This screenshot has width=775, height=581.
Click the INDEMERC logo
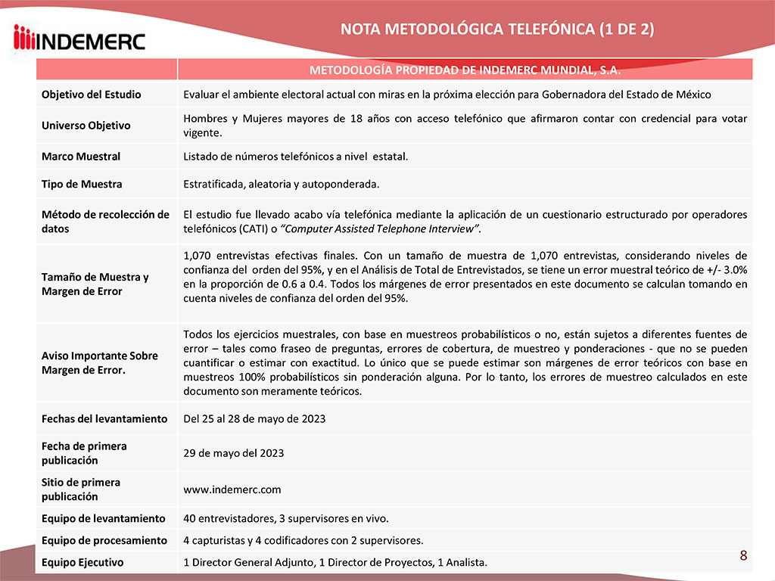tap(79, 37)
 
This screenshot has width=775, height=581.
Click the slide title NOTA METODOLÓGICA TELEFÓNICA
tap(497, 30)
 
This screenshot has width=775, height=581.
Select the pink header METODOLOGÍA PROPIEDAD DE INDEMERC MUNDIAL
tap(465, 70)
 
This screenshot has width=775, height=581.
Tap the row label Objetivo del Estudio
tap(91, 95)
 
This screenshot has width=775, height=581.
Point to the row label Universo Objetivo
tap(86, 126)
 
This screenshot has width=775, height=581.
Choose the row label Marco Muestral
tap(81, 157)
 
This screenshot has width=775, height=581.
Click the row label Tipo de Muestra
tap(82, 184)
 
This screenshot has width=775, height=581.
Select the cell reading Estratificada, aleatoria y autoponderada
tap(282, 184)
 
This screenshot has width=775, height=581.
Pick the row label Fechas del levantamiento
tap(104, 418)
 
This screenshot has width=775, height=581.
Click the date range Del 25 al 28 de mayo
tap(254, 418)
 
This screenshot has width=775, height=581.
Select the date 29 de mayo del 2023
tap(234, 453)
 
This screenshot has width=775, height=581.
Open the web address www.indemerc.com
tap(232, 489)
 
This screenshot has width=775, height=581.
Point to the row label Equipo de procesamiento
tap(104, 540)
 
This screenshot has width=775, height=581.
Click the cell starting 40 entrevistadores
tap(286, 518)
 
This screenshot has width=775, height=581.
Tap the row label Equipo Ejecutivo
tap(82, 562)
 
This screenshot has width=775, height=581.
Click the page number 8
tap(743, 556)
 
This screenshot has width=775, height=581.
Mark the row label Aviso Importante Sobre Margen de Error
tap(100, 362)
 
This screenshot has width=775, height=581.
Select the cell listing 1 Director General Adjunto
tap(335, 562)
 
